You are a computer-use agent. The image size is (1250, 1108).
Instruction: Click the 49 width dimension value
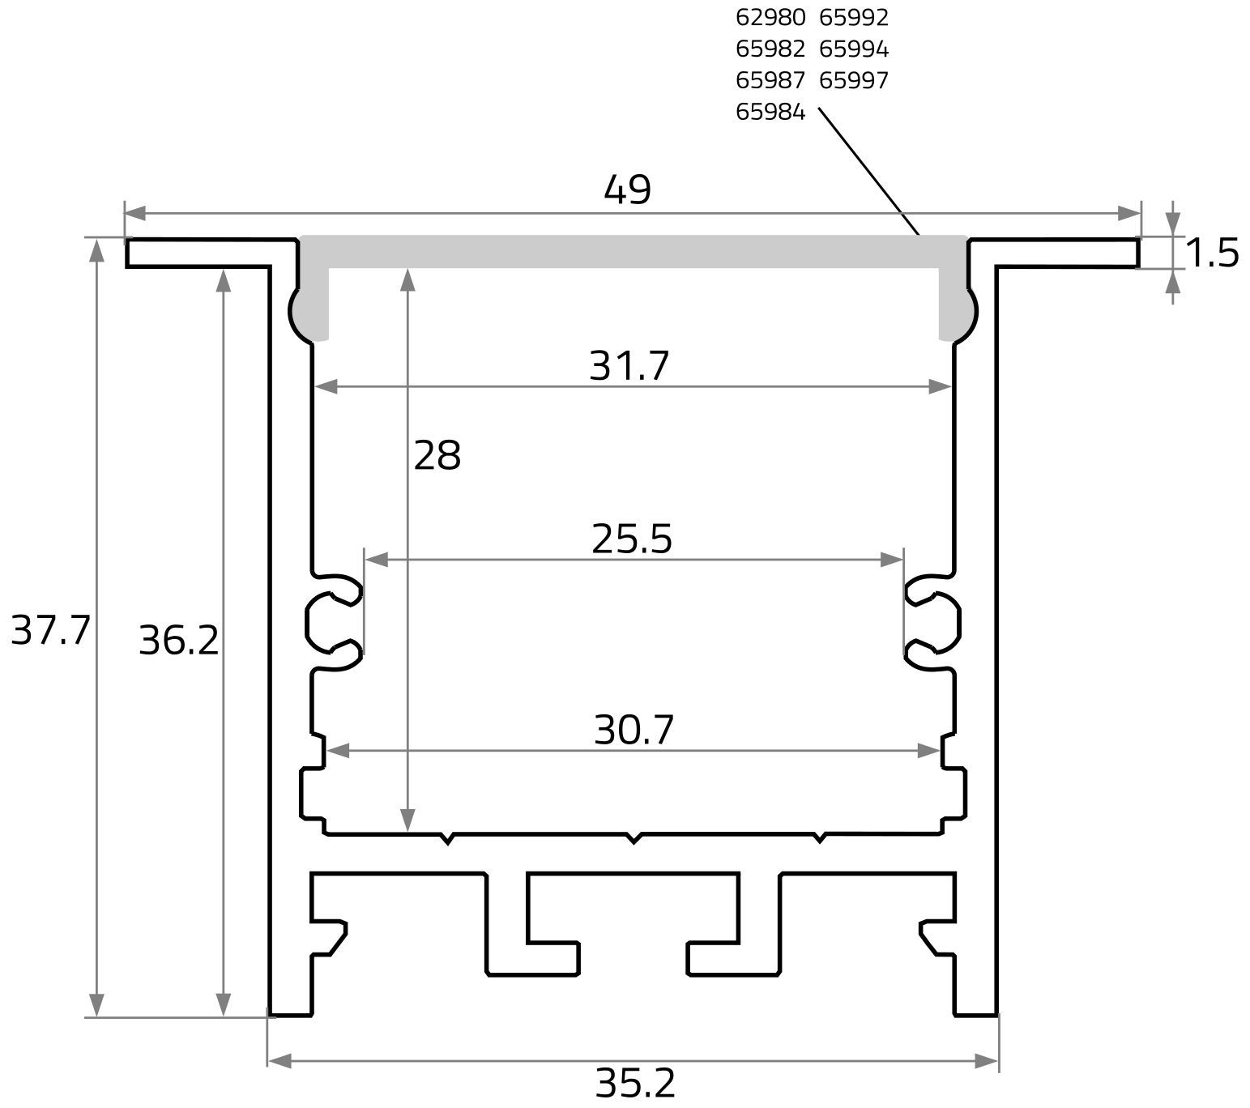coord(627,191)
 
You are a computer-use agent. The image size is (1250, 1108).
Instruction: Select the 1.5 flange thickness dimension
coord(1212,254)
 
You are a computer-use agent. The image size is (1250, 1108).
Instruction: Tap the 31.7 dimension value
coord(629,366)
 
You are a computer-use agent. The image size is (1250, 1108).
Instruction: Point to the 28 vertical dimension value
coord(437,456)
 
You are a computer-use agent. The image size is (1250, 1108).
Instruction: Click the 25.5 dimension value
coord(632,539)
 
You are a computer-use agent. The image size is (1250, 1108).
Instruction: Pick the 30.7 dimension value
coord(634,731)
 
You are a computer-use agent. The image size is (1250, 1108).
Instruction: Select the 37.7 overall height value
coord(49,630)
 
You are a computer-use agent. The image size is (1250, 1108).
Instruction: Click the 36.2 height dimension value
coord(179,641)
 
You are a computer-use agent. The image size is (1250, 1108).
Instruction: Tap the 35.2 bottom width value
coord(635,1084)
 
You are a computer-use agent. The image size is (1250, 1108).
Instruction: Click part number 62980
coord(770,18)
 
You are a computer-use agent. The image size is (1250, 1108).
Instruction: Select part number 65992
coord(854,18)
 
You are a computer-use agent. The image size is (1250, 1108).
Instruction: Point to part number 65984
coord(770,113)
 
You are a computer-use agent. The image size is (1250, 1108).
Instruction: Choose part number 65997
coord(854,81)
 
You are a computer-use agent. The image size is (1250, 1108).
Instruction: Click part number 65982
coord(770,49)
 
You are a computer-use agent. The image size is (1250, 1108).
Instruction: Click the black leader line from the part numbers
coord(868,171)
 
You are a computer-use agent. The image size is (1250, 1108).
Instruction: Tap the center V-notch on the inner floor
coord(634,838)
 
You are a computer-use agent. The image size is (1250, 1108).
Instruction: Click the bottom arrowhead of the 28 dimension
coord(408,820)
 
